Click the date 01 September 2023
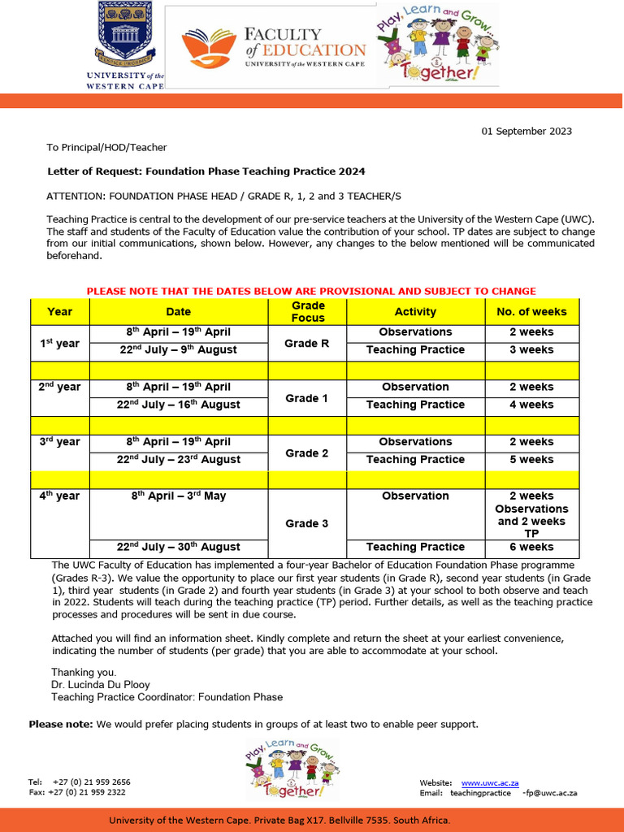526,131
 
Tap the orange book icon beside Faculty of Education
209,47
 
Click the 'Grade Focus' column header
307,311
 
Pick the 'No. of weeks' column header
531,311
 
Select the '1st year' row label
60,343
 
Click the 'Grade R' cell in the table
307,343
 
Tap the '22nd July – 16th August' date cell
178,405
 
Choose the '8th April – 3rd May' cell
178,496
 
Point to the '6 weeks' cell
531,547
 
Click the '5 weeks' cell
531,459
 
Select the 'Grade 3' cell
307,523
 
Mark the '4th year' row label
60,496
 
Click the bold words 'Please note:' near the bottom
62,724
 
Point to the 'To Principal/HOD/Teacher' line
106,147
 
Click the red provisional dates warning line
311,291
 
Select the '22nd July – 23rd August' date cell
178,459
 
